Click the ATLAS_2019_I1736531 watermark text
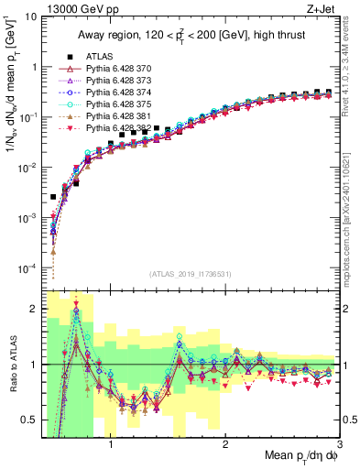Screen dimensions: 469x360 (x=190, y=274)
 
